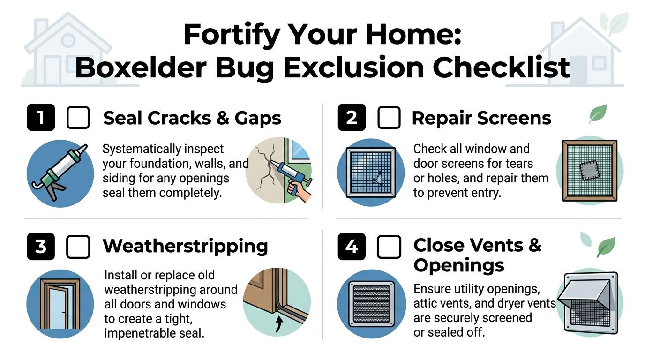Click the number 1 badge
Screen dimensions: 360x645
click(41, 117)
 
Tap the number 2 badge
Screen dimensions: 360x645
click(352, 117)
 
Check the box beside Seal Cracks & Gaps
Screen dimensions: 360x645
click(78, 117)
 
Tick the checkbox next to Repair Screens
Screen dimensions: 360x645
click(389, 117)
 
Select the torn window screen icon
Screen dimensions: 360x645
click(371, 172)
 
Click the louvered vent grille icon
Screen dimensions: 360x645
click(371, 303)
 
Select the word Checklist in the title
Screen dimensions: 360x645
click(501, 68)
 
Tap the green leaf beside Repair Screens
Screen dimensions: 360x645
click(597, 114)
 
